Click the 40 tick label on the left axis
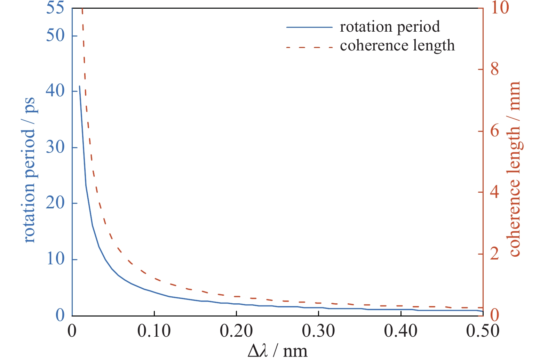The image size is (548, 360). click(55, 91)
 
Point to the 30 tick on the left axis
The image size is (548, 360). click(55, 147)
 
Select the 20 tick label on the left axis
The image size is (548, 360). click(55, 203)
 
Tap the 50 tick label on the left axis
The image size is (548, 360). click(55, 35)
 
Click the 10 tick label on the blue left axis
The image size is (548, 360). click(55, 259)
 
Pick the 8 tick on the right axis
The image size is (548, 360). click(495, 69)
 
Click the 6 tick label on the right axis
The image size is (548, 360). click(495, 131)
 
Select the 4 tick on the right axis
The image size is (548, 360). click(495, 192)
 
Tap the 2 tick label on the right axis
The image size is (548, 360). click(495, 254)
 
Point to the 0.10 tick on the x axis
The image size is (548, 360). click(154, 331)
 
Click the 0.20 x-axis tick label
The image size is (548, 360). click(236, 331)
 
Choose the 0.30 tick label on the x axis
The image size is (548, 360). click(318, 331)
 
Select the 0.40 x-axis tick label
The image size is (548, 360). click(401, 331)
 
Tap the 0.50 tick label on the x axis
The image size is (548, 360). click(483, 331)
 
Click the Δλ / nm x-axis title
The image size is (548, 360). click(277, 351)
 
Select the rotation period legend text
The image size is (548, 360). click(390, 27)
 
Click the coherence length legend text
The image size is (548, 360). click(397, 46)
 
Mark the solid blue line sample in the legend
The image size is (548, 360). click(309, 27)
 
